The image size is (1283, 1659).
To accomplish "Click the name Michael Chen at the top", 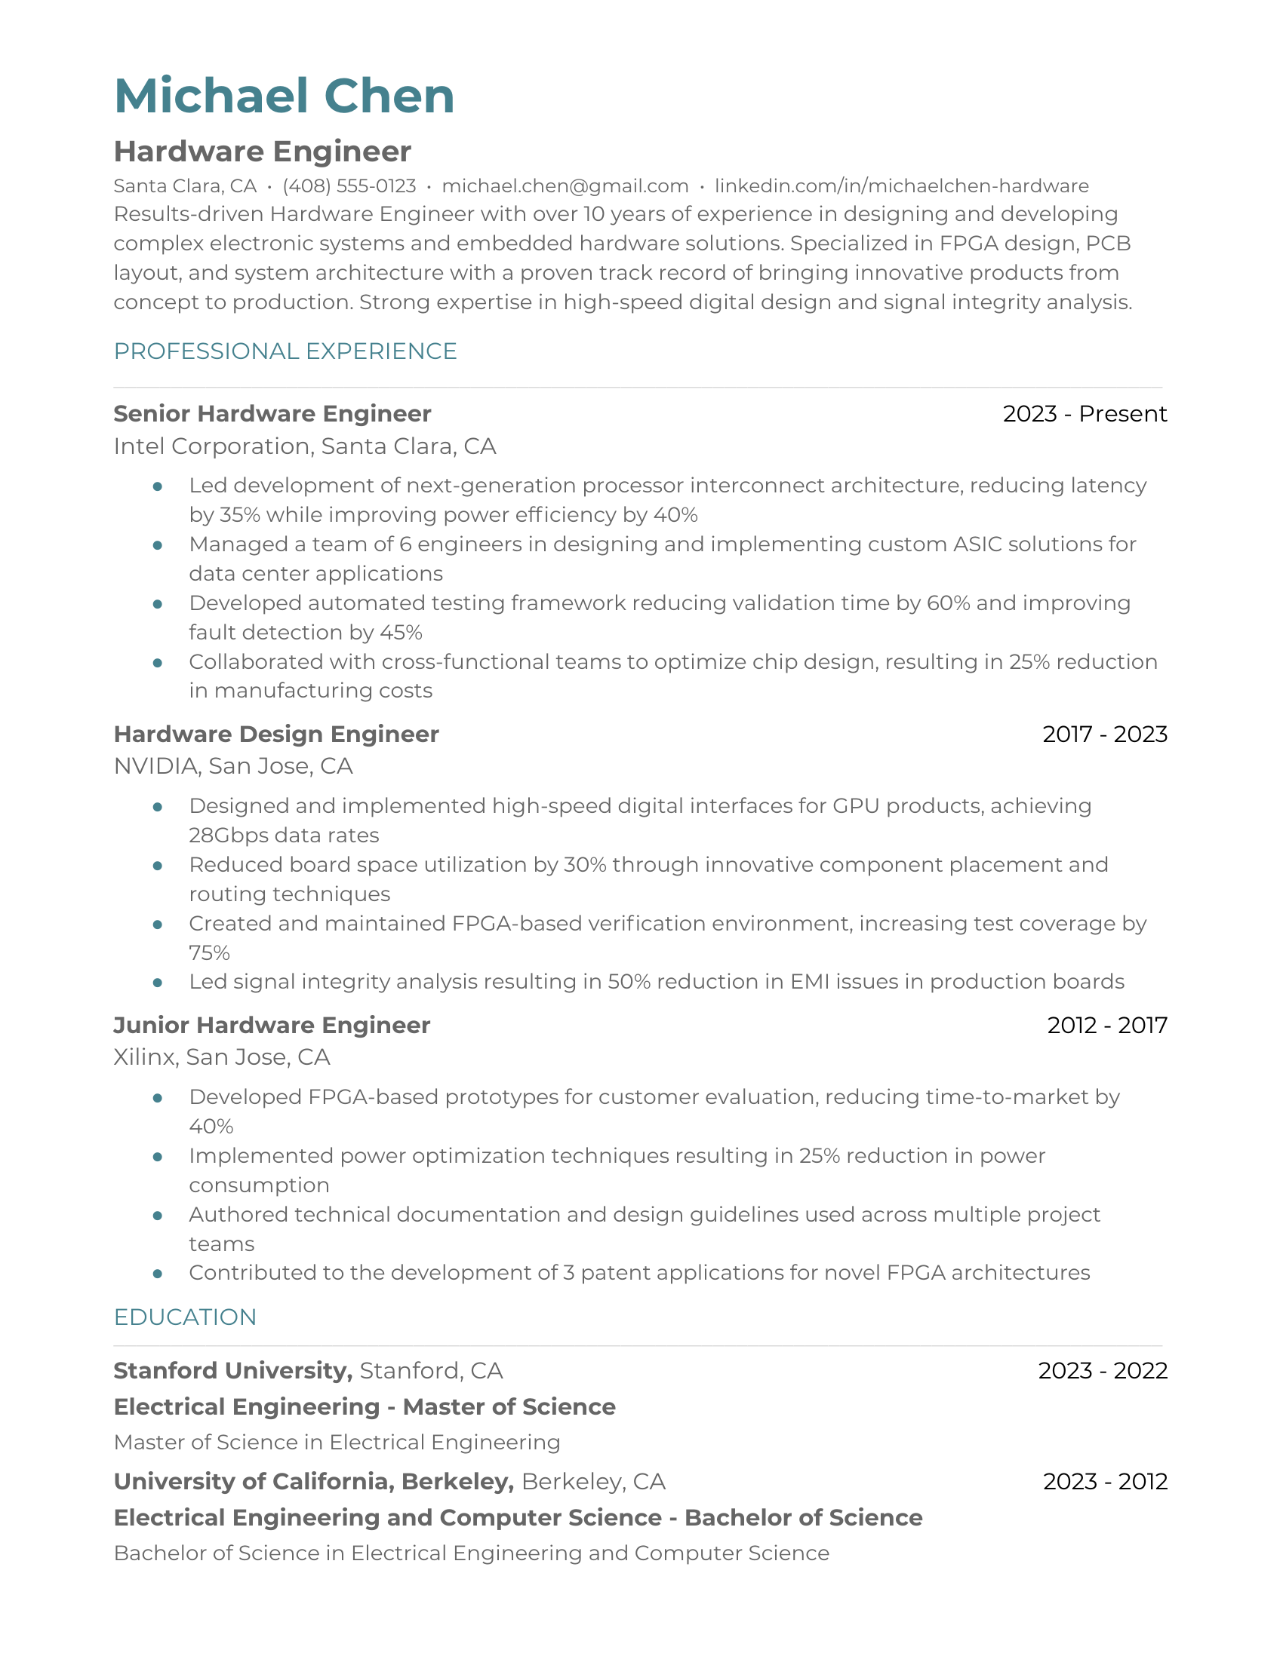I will click(285, 97).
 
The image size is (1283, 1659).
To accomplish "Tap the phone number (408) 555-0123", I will click(349, 186).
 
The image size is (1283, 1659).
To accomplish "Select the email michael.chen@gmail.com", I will click(565, 186).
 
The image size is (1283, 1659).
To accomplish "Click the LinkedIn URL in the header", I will click(901, 186).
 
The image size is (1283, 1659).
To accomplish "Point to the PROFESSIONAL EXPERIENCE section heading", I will click(285, 351).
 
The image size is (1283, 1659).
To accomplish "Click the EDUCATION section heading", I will click(185, 1317).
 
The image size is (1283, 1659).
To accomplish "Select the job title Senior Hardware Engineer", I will click(272, 413).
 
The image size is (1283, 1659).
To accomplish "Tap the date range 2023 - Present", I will click(1084, 413).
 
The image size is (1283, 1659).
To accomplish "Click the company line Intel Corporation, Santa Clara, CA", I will click(304, 446).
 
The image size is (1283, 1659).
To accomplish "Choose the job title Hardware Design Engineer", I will click(276, 734).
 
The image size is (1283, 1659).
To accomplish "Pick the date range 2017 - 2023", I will click(1104, 734).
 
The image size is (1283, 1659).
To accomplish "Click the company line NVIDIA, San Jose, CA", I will click(232, 765).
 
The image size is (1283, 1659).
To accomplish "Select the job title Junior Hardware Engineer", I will click(272, 1025).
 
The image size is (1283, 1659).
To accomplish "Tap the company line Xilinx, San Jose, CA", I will click(221, 1056).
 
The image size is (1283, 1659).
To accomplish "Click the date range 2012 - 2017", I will click(1106, 1025).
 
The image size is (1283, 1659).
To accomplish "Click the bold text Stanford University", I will click(232, 1370).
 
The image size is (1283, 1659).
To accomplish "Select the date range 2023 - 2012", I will click(1104, 1481).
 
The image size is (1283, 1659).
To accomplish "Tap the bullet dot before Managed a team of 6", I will click(157, 544).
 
